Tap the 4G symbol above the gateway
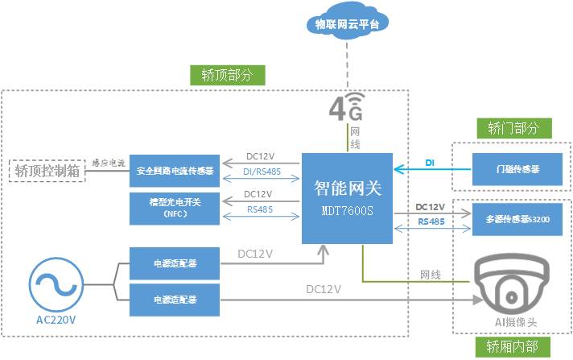(x=347, y=106)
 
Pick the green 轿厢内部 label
(x=513, y=346)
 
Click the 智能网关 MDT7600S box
(x=347, y=198)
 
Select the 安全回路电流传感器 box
(x=175, y=171)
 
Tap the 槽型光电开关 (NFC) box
(x=175, y=209)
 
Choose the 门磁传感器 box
(x=517, y=169)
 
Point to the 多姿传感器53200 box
(x=517, y=218)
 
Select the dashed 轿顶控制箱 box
(x=47, y=170)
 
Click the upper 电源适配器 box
(x=175, y=263)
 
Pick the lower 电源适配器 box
(x=175, y=300)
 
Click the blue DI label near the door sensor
(x=430, y=163)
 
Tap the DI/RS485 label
(x=262, y=171)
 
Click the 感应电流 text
(x=109, y=163)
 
